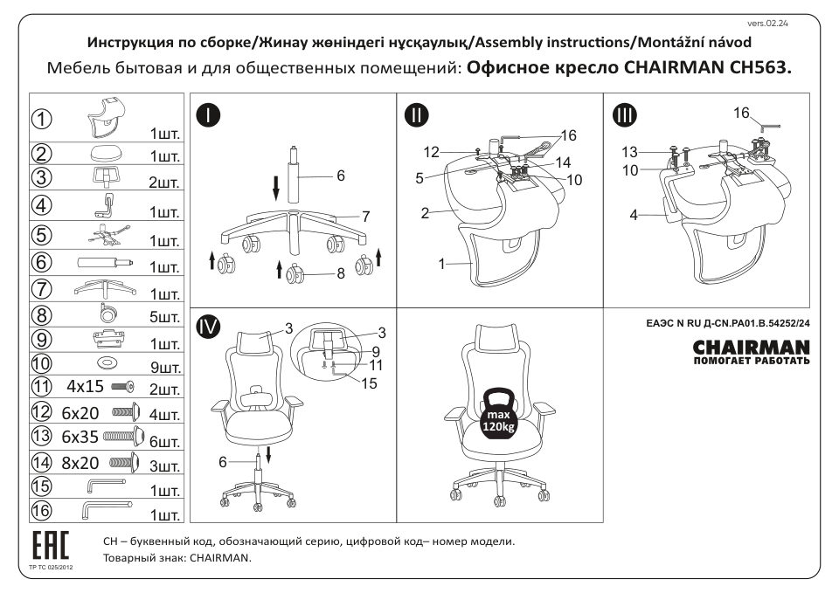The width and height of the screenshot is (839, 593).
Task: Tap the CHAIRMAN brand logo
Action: [x=751, y=349]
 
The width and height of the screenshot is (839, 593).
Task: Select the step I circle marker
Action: [x=208, y=114]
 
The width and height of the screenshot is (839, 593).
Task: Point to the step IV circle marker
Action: [x=208, y=328]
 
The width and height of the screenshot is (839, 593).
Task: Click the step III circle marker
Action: [x=626, y=114]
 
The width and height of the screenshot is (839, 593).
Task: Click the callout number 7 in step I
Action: [x=367, y=216]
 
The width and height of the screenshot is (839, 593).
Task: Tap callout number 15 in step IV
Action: [x=369, y=383]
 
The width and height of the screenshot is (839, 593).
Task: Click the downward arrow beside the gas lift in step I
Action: [x=276, y=185]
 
